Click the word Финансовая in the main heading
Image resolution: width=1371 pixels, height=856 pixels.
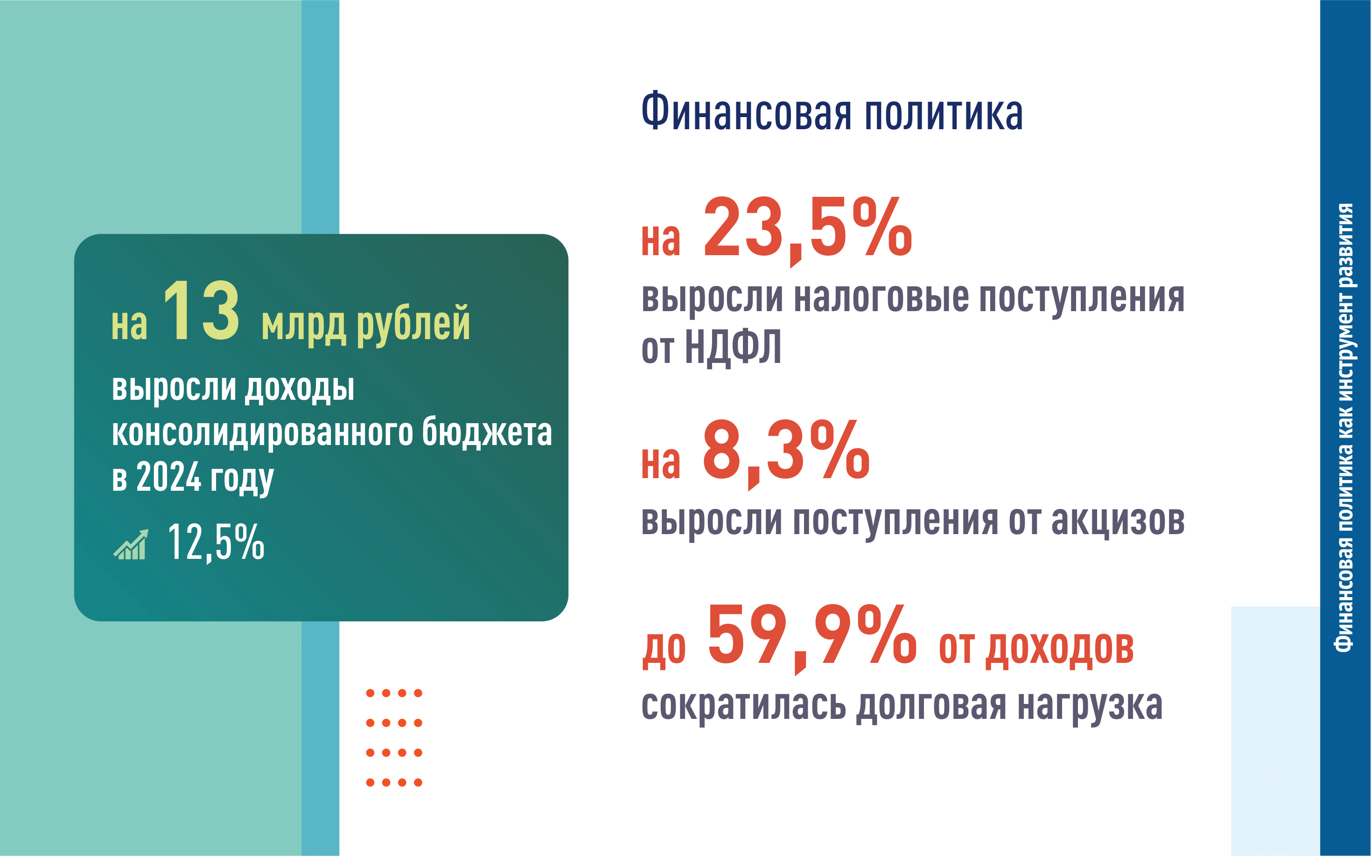(x=746, y=111)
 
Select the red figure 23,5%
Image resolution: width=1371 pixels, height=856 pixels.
(x=808, y=230)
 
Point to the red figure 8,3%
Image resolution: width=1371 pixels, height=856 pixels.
(x=786, y=452)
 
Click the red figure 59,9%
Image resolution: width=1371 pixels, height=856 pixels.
(x=811, y=638)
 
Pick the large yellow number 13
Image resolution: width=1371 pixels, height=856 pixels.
(x=201, y=311)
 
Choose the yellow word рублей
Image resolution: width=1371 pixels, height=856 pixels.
(x=413, y=323)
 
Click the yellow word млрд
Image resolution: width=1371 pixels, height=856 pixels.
(x=303, y=326)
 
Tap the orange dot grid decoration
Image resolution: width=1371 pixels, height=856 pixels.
(x=394, y=738)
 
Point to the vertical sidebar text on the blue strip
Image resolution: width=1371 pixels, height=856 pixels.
(x=1344, y=427)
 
